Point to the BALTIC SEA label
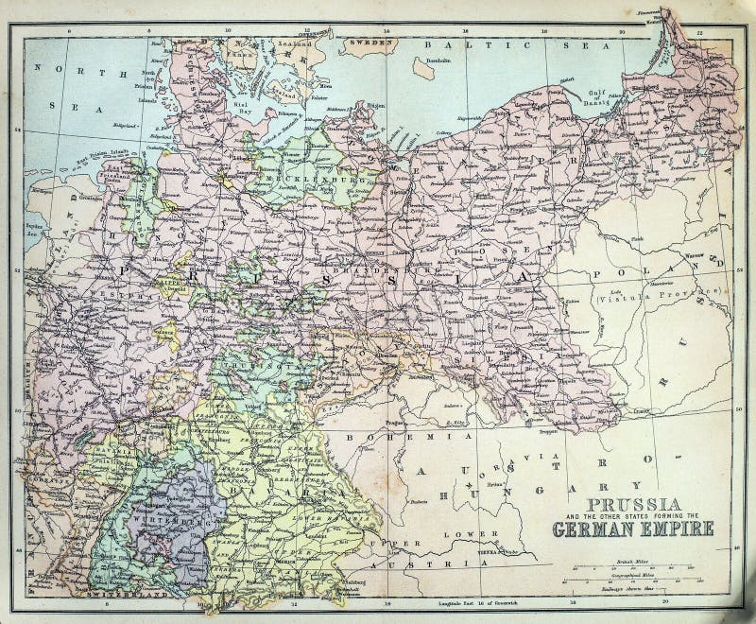[x=472, y=44]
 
